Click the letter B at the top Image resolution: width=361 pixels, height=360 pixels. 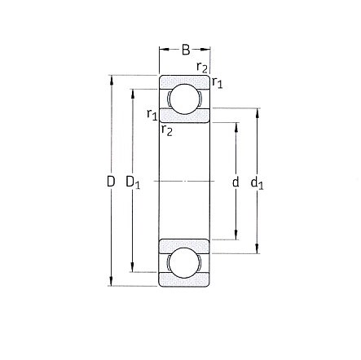click(x=184, y=50)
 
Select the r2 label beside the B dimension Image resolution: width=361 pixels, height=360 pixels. click(x=202, y=67)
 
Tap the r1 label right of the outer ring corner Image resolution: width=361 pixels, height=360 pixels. click(x=218, y=81)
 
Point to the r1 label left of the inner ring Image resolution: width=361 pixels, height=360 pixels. click(x=152, y=115)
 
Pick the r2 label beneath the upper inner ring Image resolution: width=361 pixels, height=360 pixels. click(x=166, y=130)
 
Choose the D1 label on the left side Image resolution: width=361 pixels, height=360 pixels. click(x=133, y=182)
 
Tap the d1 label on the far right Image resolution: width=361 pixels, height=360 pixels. click(x=257, y=182)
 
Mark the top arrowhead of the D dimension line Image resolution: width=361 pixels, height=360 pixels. click(x=111, y=80)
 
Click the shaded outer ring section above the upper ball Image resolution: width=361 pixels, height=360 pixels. click(x=184, y=80)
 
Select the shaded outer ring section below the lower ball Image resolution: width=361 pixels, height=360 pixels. click(x=184, y=282)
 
